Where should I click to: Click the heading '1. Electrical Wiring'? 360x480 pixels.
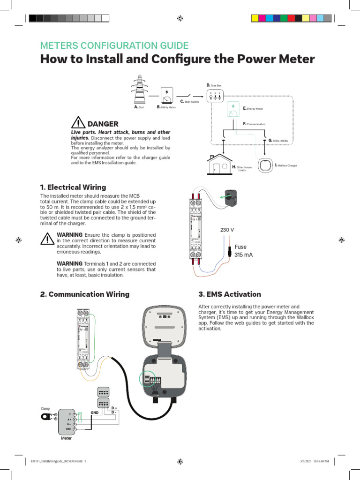coord(73,187)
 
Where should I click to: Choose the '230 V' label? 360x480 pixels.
coord(227,230)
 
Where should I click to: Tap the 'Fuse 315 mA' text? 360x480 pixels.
coord(240,251)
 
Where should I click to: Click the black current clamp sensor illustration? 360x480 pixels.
coord(234,197)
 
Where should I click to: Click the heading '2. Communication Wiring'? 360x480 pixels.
coord(85,294)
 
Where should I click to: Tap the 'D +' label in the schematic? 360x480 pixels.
coord(114,407)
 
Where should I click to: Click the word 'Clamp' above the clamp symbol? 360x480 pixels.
coord(45,408)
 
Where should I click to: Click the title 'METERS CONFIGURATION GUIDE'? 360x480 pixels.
coord(114,45)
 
